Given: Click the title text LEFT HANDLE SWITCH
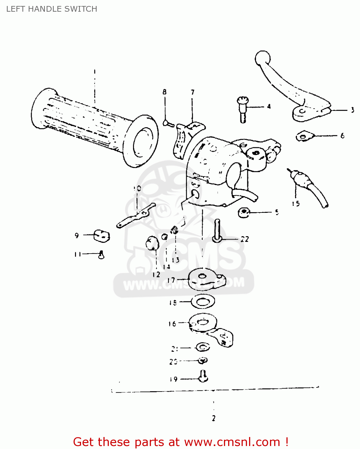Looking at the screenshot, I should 51,9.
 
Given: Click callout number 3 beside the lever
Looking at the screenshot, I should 352,110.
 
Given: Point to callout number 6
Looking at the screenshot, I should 342,136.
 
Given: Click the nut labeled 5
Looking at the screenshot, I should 244,213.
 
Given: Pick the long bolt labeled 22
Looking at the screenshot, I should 217,231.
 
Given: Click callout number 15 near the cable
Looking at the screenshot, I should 296,204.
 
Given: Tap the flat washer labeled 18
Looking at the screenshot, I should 203,302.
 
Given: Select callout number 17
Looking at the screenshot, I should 171,280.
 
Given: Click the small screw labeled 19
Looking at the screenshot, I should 204,376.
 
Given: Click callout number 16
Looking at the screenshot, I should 172,324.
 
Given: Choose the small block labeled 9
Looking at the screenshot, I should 102,236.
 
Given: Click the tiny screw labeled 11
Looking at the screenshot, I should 101,255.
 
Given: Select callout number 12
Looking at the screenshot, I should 156,274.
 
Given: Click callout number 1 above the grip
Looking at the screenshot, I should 94,72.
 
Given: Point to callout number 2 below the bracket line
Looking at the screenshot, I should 213,418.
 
